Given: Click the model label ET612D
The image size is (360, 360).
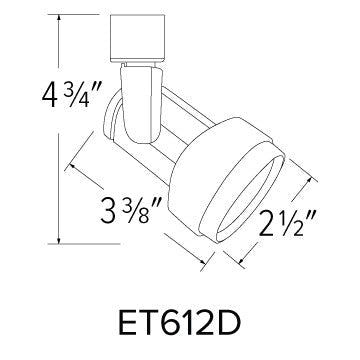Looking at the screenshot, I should pos(178,326).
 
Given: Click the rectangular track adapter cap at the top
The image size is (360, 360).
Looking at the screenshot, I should pos(133,39).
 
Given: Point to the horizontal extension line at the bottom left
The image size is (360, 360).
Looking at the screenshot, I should pos(75,241).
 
